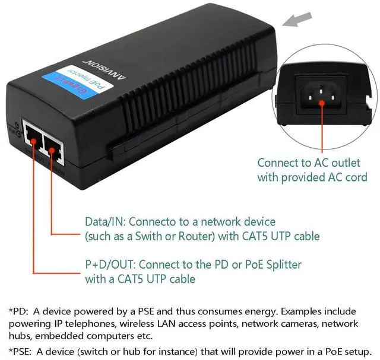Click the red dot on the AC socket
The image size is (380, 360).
coord(322,101)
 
